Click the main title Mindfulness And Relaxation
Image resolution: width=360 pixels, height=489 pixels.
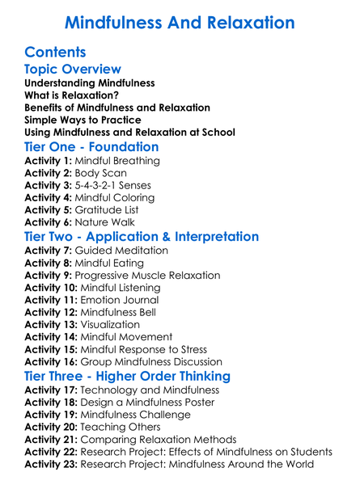[x=180, y=21]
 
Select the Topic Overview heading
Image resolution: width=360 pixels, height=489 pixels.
[x=73, y=70]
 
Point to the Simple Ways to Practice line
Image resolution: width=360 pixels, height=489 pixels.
[x=85, y=120]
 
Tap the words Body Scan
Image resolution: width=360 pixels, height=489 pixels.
[x=103, y=173]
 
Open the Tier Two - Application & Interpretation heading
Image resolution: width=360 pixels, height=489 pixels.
[x=142, y=237]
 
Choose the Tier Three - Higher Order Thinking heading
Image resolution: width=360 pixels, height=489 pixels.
[x=129, y=376]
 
